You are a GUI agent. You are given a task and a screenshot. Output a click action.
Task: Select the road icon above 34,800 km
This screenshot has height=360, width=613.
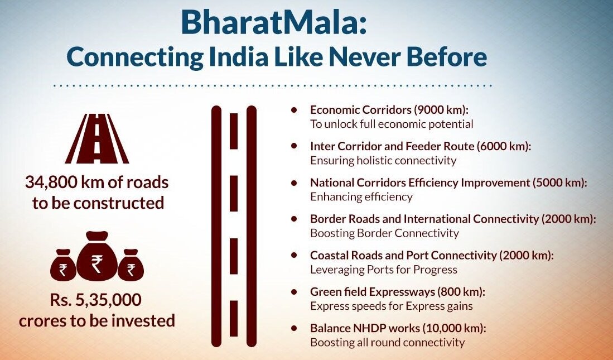pyautogui.click(x=97, y=138)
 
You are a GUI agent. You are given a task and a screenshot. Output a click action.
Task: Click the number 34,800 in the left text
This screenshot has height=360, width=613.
pyautogui.click(x=50, y=183)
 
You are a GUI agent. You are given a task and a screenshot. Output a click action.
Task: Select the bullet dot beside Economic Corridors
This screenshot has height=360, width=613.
pyautogui.click(x=294, y=109)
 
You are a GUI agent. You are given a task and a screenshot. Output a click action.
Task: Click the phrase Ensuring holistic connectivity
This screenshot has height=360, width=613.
pyautogui.click(x=383, y=160)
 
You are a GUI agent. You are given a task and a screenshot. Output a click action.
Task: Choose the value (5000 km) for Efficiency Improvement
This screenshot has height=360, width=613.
pyautogui.click(x=559, y=183)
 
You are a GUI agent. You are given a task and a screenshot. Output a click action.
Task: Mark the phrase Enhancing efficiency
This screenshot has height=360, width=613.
pyautogui.click(x=361, y=196)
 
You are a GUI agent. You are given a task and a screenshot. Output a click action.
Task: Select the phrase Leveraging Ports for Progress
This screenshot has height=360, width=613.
pyautogui.click(x=384, y=270)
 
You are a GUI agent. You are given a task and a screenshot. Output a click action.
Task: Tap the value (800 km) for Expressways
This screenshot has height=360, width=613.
pyautogui.click(x=461, y=292)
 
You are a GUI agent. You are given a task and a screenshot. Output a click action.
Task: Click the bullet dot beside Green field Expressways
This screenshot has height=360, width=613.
pyautogui.click(x=294, y=291)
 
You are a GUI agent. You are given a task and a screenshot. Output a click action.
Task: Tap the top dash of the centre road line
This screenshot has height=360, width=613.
pyautogui.click(x=233, y=131)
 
